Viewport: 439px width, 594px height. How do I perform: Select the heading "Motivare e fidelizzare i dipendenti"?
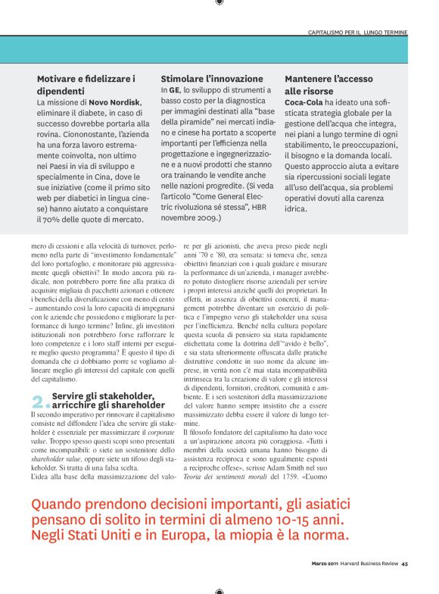click(x=86, y=84)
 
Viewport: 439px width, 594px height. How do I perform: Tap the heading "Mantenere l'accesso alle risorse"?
click(x=328, y=84)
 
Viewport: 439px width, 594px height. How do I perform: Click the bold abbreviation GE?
click(x=174, y=89)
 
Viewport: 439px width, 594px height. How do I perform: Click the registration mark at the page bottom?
click(x=219, y=590)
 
